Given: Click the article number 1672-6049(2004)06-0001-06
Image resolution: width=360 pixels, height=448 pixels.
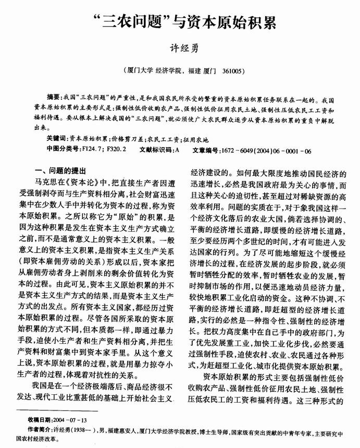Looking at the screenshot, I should coord(266,150).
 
